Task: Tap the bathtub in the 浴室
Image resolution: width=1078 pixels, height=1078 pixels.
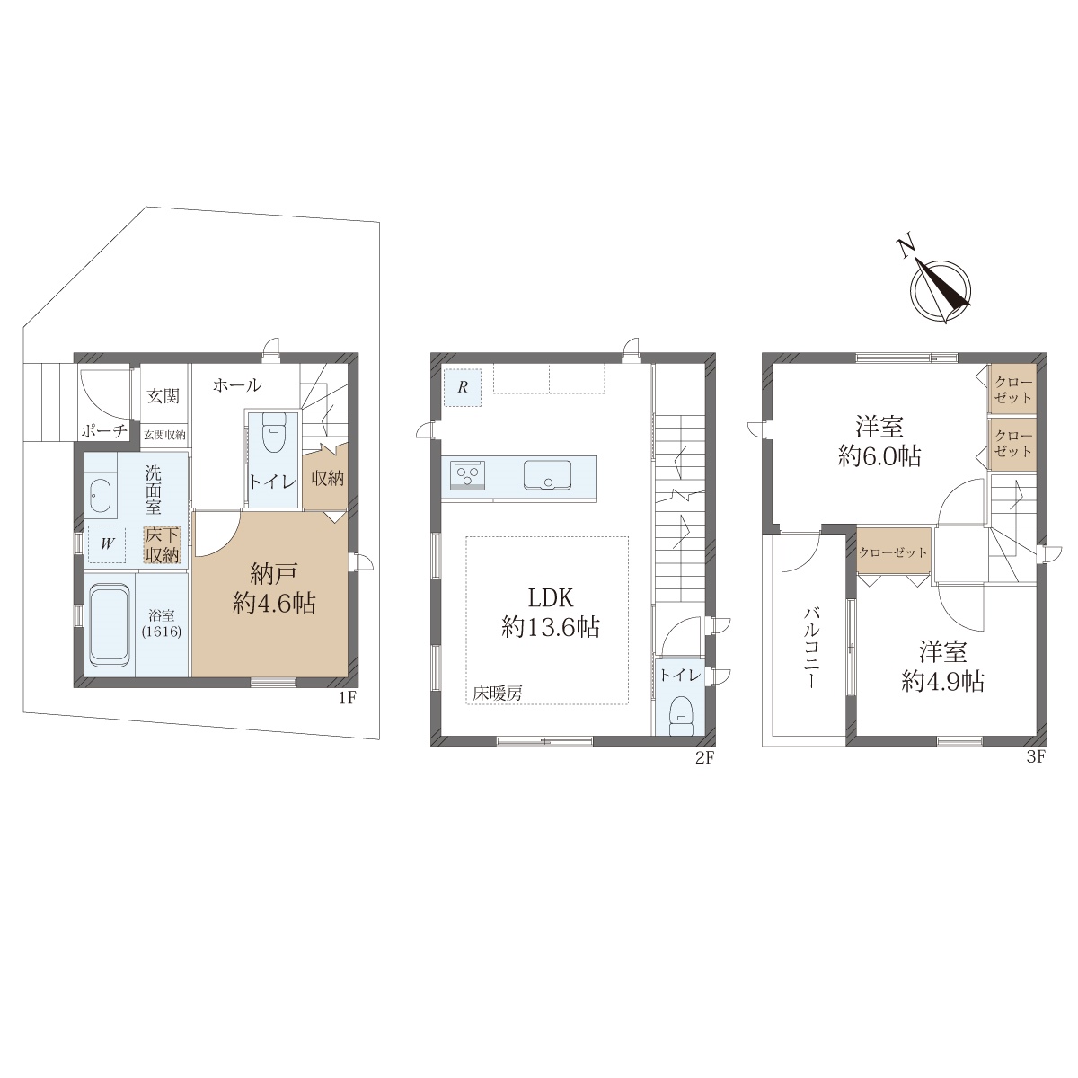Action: click(x=109, y=625)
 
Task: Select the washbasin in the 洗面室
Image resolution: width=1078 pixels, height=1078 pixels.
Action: click(x=100, y=496)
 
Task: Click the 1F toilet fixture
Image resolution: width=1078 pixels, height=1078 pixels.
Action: click(x=272, y=433)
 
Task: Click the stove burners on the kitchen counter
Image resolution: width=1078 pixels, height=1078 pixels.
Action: click(x=467, y=475)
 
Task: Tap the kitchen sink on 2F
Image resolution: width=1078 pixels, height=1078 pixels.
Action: click(x=547, y=474)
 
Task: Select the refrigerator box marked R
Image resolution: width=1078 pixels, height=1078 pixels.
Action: click(x=462, y=387)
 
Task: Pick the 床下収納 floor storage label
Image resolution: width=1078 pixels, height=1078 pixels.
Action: click(x=163, y=545)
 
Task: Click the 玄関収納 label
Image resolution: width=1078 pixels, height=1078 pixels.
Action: click(x=164, y=435)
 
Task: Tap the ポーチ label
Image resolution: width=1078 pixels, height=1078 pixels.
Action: click(x=104, y=431)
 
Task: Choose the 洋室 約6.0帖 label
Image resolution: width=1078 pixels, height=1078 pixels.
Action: click(x=879, y=441)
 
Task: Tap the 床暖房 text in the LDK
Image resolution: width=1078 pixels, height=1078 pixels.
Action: click(x=498, y=694)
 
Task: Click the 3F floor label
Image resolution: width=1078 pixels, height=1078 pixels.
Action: click(x=1036, y=757)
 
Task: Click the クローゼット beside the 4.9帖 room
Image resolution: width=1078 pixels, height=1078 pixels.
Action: click(x=893, y=552)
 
